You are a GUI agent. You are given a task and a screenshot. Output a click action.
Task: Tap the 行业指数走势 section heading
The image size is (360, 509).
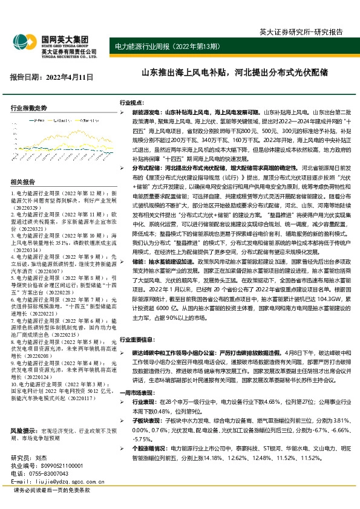coord(28,108)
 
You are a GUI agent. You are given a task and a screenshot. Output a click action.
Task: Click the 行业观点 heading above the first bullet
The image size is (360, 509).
coord(132,103)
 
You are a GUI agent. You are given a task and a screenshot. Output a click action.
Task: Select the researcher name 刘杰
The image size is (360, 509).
coord(41,441)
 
